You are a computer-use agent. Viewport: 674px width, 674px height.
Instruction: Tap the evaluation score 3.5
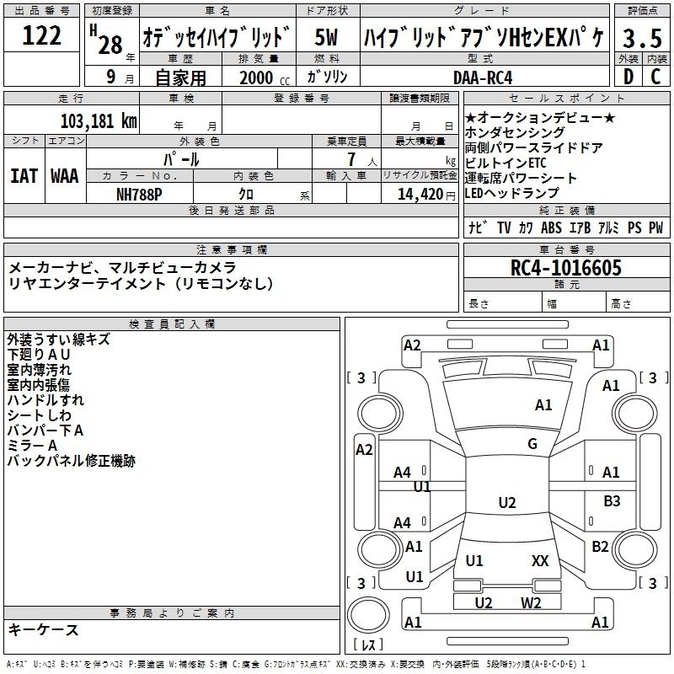coord(641,39)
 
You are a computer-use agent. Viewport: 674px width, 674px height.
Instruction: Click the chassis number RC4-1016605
coord(566,268)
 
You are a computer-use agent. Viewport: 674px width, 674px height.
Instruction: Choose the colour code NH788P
coord(140,194)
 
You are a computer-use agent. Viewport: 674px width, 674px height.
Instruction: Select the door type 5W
coord(326,39)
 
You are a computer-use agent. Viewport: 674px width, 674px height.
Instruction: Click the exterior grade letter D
coord(628,77)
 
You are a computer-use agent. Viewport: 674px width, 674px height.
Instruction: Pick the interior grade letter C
coord(655,77)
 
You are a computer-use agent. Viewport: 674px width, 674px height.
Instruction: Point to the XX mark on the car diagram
coord(540,560)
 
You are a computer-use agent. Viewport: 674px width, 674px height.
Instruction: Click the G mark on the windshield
coord(532,444)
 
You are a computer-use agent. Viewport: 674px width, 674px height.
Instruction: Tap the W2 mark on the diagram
coord(531,602)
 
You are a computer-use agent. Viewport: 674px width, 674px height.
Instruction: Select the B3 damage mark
coord(612,501)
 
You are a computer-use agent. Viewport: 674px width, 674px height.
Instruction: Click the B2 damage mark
coord(600,547)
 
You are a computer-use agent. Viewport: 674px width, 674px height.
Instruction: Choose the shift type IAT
coord(24,175)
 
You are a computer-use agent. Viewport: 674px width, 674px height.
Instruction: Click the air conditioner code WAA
coord(64,175)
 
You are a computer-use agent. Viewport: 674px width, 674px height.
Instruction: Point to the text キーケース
coord(44,629)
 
